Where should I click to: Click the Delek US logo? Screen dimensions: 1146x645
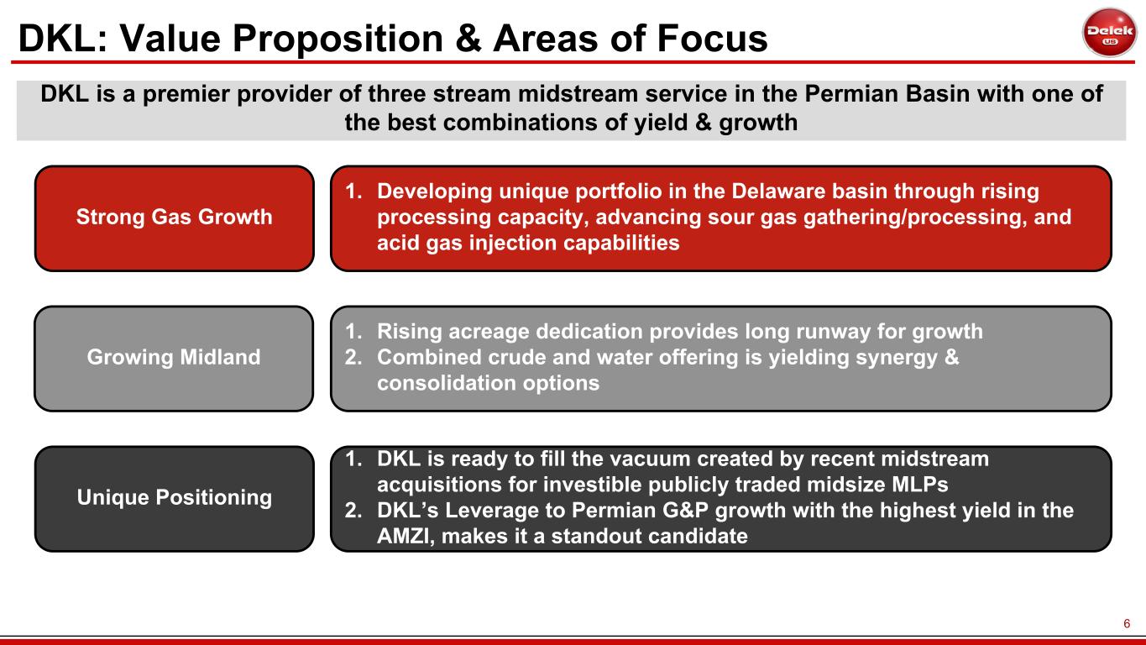(x=1109, y=32)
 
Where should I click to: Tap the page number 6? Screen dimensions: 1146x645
(x=1127, y=623)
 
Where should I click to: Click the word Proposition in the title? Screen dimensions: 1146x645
(x=338, y=39)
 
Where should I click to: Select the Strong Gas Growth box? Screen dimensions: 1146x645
(x=175, y=218)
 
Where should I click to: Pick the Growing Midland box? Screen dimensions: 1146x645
(x=174, y=359)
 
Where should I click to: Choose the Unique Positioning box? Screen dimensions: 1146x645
(x=175, y=499)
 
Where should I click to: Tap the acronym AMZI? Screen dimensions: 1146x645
(x=406, y=537)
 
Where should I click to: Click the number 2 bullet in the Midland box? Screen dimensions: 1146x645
(x=353, y=357)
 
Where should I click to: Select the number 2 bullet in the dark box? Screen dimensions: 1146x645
(x=353, y=511)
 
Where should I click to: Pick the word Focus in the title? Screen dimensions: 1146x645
(x=712, y=39)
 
